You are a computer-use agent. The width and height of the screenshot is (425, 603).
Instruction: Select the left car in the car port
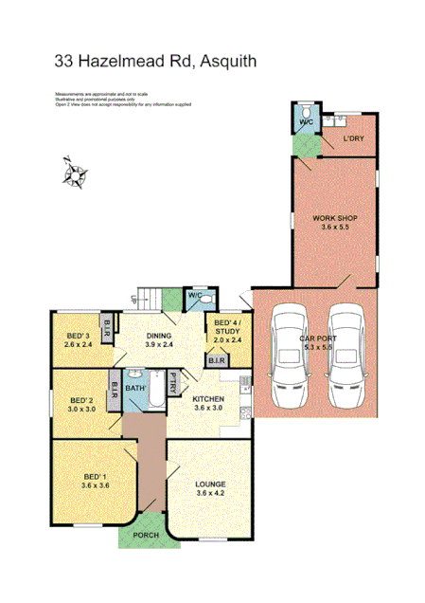point(290,356)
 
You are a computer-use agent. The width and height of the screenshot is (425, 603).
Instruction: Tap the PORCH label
point(148,532)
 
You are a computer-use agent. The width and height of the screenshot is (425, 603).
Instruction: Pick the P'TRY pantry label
point(174,385)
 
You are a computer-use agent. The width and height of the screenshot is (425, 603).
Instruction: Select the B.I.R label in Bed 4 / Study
point(216,361)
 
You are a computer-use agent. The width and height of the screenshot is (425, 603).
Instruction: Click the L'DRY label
point(353,140)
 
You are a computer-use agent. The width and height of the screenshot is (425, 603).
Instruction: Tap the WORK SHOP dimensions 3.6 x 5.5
point(334,228)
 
